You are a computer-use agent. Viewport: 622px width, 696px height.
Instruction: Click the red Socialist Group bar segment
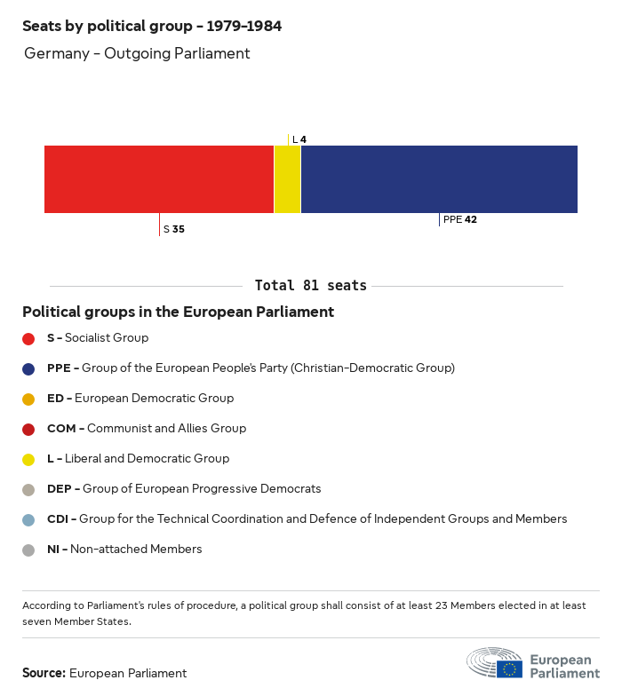159,179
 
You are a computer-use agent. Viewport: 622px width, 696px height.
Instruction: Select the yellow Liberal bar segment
287,179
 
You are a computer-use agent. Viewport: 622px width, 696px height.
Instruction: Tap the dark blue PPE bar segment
439,179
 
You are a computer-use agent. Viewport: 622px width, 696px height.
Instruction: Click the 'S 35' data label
174,229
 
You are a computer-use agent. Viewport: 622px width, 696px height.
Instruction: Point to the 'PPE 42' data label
460,219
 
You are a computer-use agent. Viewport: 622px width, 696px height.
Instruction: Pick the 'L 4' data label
299,139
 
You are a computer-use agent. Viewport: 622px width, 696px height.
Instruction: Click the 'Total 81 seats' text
310,286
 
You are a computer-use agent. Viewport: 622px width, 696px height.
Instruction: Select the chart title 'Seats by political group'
152,27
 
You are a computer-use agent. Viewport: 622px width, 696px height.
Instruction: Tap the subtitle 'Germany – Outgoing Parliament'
137,53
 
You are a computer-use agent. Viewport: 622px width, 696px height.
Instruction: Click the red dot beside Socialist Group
28,338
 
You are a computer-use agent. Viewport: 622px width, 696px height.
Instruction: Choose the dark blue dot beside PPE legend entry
28,368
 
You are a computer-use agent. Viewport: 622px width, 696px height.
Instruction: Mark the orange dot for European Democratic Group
28,399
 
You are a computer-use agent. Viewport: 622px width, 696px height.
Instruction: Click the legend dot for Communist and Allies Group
28,429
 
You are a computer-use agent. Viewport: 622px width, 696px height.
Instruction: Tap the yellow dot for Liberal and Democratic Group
28,459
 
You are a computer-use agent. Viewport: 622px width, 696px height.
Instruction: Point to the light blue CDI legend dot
28,519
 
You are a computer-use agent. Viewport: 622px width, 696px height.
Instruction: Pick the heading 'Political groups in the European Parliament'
178,312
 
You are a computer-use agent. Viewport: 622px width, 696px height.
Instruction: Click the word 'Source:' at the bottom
44,673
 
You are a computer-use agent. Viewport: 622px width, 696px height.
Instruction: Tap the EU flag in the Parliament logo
509,668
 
